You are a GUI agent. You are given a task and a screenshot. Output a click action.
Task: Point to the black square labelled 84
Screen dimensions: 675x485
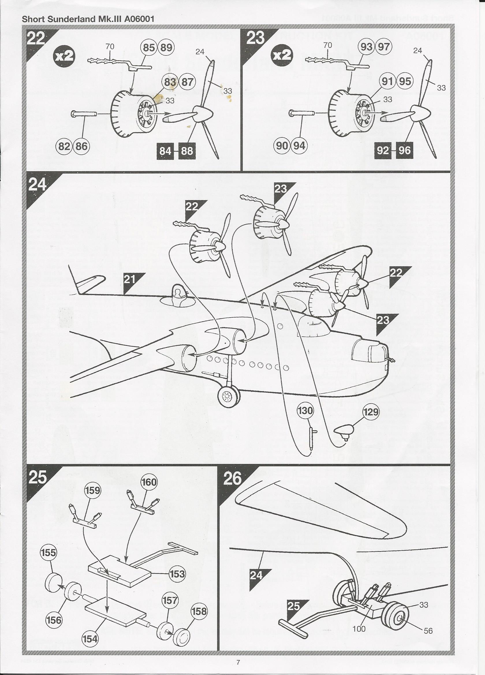click(165, 151)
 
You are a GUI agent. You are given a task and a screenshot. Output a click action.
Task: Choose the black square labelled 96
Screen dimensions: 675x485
click(404, 150)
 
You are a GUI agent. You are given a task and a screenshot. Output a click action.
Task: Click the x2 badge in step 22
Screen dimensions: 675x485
click(64, 56)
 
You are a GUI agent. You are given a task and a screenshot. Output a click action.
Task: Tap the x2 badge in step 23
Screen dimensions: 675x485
click(282, 55)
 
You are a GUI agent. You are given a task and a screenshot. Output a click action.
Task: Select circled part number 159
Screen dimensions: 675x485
click(93, 490)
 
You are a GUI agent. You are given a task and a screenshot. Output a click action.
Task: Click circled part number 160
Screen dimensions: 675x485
click(149, 482)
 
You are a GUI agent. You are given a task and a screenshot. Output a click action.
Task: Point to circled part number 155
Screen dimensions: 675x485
click(48, 553)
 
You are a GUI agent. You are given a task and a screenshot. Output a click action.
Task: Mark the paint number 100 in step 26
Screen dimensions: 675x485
click(359, 629)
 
